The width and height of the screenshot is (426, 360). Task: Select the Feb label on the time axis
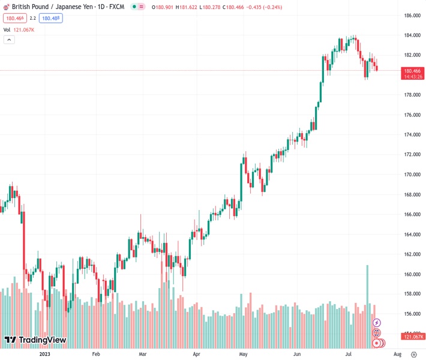click(x=95, y=355)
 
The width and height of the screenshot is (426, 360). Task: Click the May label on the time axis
click(x=243, y=355)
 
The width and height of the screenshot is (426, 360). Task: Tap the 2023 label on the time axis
click(x=45, y=355)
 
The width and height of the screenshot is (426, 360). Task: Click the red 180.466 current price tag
click(x=412, y=70)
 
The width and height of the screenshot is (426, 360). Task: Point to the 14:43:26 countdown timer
click(x=412, y=77)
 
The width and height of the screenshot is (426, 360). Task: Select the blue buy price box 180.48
click(x=51, y=18)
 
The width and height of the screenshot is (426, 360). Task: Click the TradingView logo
click(x=35, y=340)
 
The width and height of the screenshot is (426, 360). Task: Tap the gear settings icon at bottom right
click(x=413, y=355)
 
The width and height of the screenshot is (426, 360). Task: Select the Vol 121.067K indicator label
click(x=19, y=29)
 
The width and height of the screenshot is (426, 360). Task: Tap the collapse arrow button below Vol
click(x=9, y=40)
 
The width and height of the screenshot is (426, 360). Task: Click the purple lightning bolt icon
click(x=377, y=323)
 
